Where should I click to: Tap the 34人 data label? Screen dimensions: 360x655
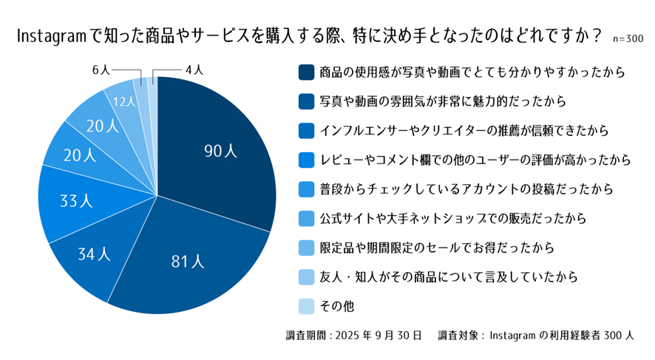coord(94,255)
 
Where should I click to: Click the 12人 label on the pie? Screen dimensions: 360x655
coord(123,102)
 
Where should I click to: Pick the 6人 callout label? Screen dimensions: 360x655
coord(100,69)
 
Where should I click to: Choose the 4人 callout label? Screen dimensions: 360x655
coord(194,69)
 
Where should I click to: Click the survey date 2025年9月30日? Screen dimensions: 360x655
coord(378,335)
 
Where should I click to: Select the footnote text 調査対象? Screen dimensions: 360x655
coord(459,335)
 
